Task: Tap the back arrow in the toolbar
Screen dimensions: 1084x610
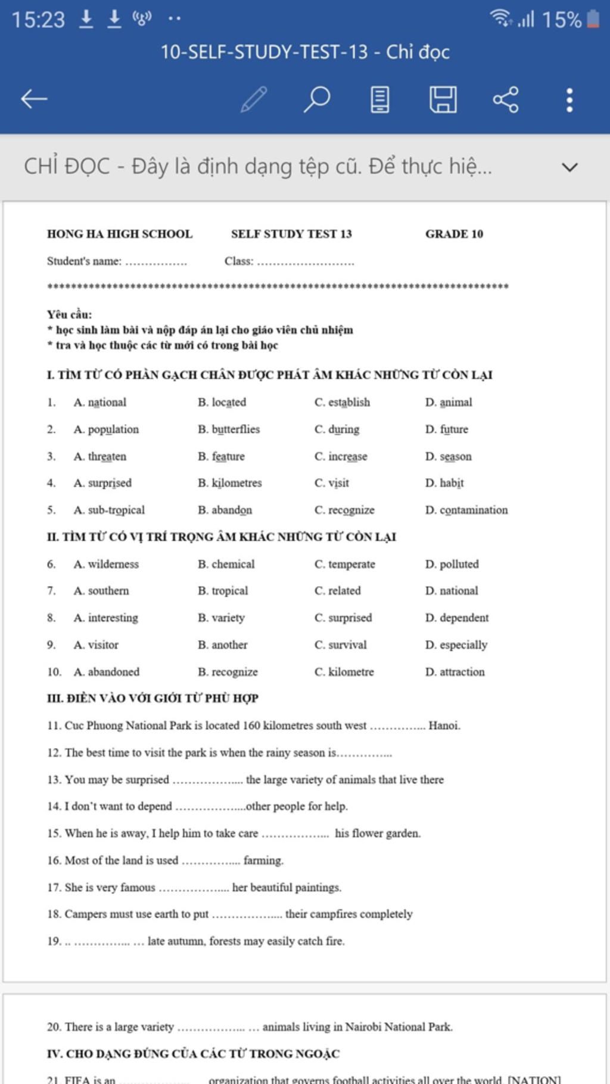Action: click(34, 99)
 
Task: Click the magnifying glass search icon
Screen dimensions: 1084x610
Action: click(317, 99)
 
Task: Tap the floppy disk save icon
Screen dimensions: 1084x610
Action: click(443, 99)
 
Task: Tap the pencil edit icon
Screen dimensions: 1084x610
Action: click(254, 99)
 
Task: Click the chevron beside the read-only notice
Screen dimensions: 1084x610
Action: click(569, 167)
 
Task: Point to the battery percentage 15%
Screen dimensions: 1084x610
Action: click(561, 20)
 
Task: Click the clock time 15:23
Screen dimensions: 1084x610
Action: click(38, 20)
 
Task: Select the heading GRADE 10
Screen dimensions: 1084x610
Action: click(454, 234)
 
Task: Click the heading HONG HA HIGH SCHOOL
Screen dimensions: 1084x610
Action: click(120, 234)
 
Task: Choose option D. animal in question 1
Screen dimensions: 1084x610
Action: click(449, 403)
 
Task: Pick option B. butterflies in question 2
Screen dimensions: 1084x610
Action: click(229, 429)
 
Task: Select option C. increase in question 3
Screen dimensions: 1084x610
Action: click(341, 457)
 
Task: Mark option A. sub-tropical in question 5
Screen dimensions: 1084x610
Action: click(109, 510)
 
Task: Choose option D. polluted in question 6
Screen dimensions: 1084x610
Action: click(452, 564)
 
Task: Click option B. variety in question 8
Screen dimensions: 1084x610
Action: click(221, 618)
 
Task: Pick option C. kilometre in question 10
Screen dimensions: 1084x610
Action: click(344, 672)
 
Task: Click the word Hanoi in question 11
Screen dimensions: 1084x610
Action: click(444, 725)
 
